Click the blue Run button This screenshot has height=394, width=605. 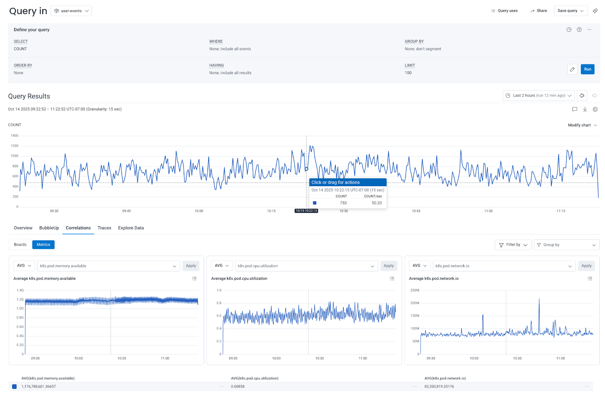[x=587, y=69]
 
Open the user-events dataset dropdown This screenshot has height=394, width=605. [x=71, y=11]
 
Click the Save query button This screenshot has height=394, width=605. [x=570, y=11]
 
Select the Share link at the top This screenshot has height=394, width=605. [x=538, y=11]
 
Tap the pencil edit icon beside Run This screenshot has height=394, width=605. [x=572, y=69]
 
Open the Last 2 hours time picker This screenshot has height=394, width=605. [x=538, y=96]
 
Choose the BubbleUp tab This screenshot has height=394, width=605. [x=49, y=228]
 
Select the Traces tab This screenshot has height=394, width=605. [x=104, y=228]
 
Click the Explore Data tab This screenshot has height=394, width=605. [x=131, y=228]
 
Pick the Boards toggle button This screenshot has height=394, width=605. [x=20, y=244]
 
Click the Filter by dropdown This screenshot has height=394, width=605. [x=513, y=245]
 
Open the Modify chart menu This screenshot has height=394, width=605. [x=582, y=125]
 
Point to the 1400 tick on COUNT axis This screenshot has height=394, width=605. [x=14, y=135]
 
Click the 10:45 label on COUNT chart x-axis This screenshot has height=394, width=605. [x=416, y=211]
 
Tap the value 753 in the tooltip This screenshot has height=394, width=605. [x=343, y=203]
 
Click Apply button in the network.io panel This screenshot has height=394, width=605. [x=586, y=266]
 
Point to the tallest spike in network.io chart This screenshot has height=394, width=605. [x=539, y=299]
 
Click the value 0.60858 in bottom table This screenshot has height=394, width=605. [x=237, y=386]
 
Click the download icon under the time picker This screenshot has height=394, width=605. [x=585, y=109]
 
